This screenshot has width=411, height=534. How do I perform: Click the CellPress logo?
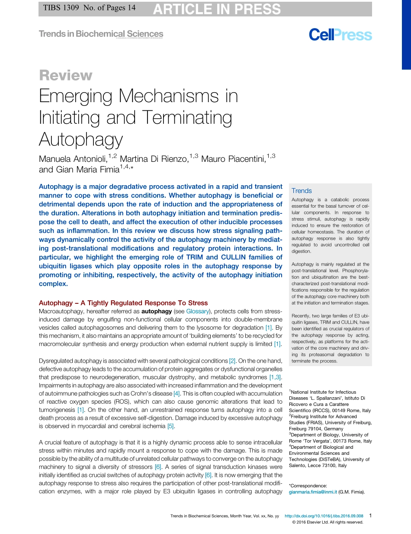click(x=340, y=35)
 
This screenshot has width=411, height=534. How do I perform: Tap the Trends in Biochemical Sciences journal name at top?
click(x=101, y=34)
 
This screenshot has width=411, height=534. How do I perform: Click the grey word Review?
click(x=65, y=75)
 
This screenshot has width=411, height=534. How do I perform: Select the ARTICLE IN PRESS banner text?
click(x=217, y=9)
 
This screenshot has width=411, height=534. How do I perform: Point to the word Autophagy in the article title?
click(x=81, y=139)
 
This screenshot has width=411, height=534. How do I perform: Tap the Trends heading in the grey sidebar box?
click(x=302, y=191)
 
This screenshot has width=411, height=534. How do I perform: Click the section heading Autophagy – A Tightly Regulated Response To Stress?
click(x=123, y=303)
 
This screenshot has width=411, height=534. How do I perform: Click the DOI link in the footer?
click(x=324, y=516)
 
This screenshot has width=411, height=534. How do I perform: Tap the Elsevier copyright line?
click(x=328, y=522)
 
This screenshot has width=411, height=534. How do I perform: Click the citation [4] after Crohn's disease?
click(x=177, y=393)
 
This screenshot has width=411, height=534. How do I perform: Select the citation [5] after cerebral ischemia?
click(x=170, y=426)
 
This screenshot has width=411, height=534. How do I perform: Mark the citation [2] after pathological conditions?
click(x=232, y=360)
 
